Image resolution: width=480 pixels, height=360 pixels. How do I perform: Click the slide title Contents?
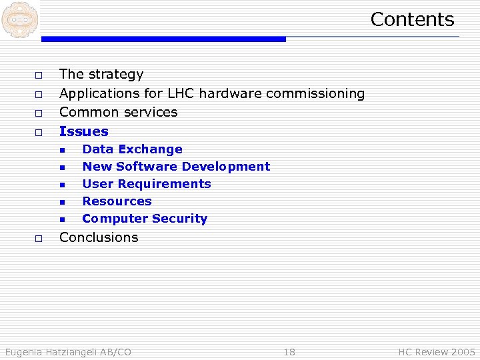[412, 19]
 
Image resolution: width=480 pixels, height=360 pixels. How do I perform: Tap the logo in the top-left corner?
[19, 19]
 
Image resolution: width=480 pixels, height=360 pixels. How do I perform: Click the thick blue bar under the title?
[163, 39]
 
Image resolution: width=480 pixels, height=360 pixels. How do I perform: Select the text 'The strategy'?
[101, 74]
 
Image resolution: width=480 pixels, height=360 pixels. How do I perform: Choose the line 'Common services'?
[119, 112]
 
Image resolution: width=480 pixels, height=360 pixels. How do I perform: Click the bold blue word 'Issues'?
[84, 131]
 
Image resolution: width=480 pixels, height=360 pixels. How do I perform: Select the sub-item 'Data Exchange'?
[132, 149]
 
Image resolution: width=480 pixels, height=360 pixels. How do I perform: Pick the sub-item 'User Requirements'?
[147, 184]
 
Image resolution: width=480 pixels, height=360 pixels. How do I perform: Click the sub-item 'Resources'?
[117, 201]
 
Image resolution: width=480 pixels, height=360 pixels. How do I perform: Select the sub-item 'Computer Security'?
[145, 219]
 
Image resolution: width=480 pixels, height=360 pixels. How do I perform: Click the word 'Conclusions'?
[99, 237]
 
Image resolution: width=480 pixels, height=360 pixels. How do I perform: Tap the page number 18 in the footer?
[289, 352]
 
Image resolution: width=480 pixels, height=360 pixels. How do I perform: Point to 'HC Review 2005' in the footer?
[437, 352]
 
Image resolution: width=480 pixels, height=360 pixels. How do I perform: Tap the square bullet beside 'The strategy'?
[39, 75]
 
